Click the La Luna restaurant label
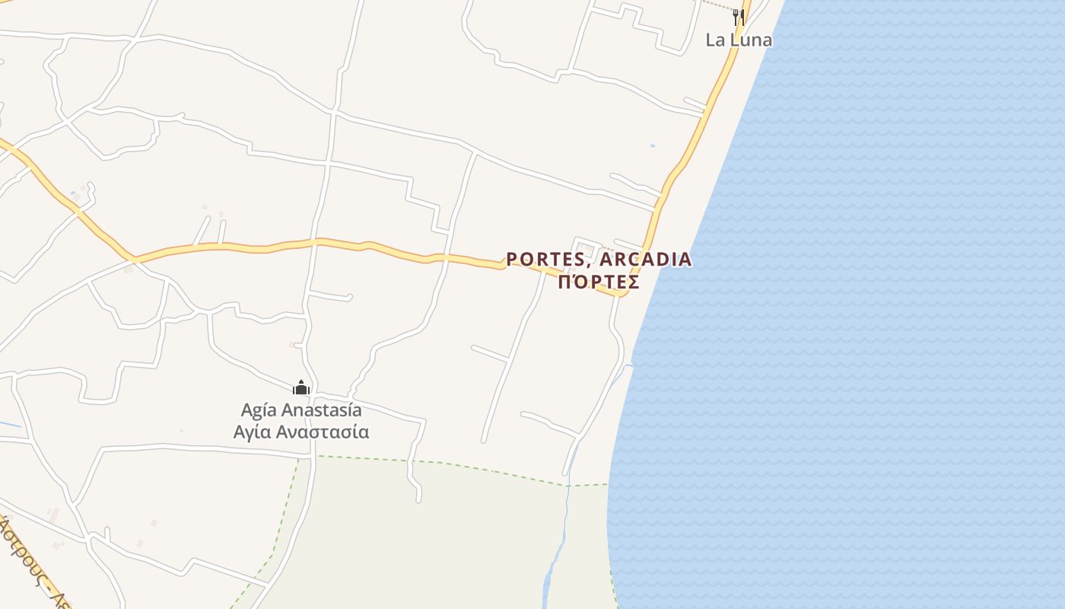739,40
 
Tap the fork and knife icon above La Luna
738,17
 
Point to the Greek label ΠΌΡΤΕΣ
599,282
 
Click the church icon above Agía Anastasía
301,388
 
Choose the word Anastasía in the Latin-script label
322,410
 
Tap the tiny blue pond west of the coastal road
652,145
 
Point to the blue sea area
875,304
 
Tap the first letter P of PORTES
512,260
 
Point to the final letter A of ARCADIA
685,260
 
